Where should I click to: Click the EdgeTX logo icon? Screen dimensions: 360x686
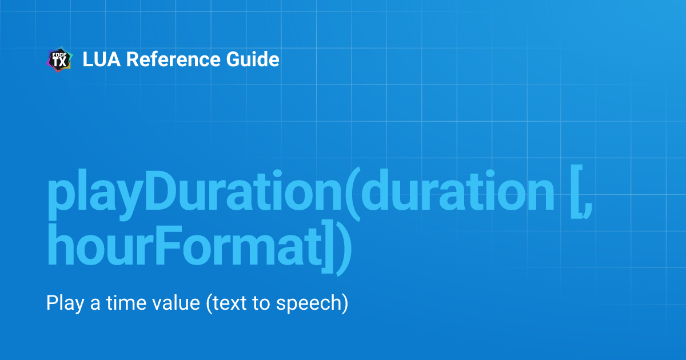pos(59,60)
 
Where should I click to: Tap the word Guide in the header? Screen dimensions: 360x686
pos(255,59)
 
